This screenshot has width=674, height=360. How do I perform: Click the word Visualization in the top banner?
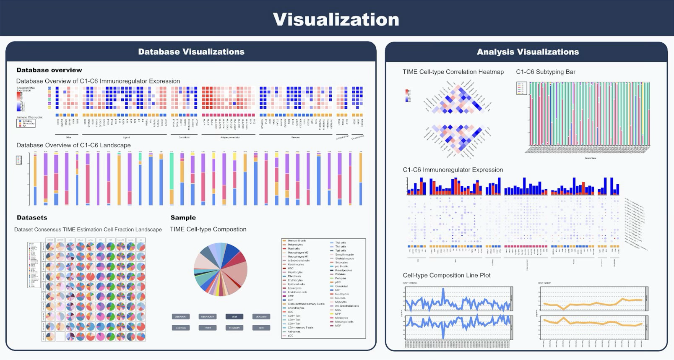coord(336,19)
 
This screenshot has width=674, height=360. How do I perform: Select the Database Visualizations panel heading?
coord(191,52)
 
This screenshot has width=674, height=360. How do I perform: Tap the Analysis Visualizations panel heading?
coord(528,52)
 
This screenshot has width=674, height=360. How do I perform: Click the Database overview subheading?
coord(49,70)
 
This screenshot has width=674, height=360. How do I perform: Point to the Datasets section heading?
coord(32,217)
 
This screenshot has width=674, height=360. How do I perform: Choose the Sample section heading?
coord(183,217)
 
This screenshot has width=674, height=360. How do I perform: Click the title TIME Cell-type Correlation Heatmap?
coord(453,72)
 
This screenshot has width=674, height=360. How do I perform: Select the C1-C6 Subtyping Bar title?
coord(546,72)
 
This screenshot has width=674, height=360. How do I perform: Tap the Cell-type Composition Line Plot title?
coord(447,275)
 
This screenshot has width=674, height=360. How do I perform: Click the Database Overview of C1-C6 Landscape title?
coord(73,145)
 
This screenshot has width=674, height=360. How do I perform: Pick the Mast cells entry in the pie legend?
coord(294,248)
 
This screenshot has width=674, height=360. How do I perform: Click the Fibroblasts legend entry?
coord(294,276)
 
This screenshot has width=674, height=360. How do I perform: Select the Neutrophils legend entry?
coord(342,294)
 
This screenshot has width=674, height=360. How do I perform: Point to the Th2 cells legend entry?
coord(340,243)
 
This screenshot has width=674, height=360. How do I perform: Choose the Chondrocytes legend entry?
coord(296,308)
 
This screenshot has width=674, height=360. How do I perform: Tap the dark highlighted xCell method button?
coord(234,316)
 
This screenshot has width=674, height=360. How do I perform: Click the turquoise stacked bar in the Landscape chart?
coord(172,172)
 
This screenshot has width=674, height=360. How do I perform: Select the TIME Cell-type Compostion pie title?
coord(208,229)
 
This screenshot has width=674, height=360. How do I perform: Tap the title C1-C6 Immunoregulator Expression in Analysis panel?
coord(453,170)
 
